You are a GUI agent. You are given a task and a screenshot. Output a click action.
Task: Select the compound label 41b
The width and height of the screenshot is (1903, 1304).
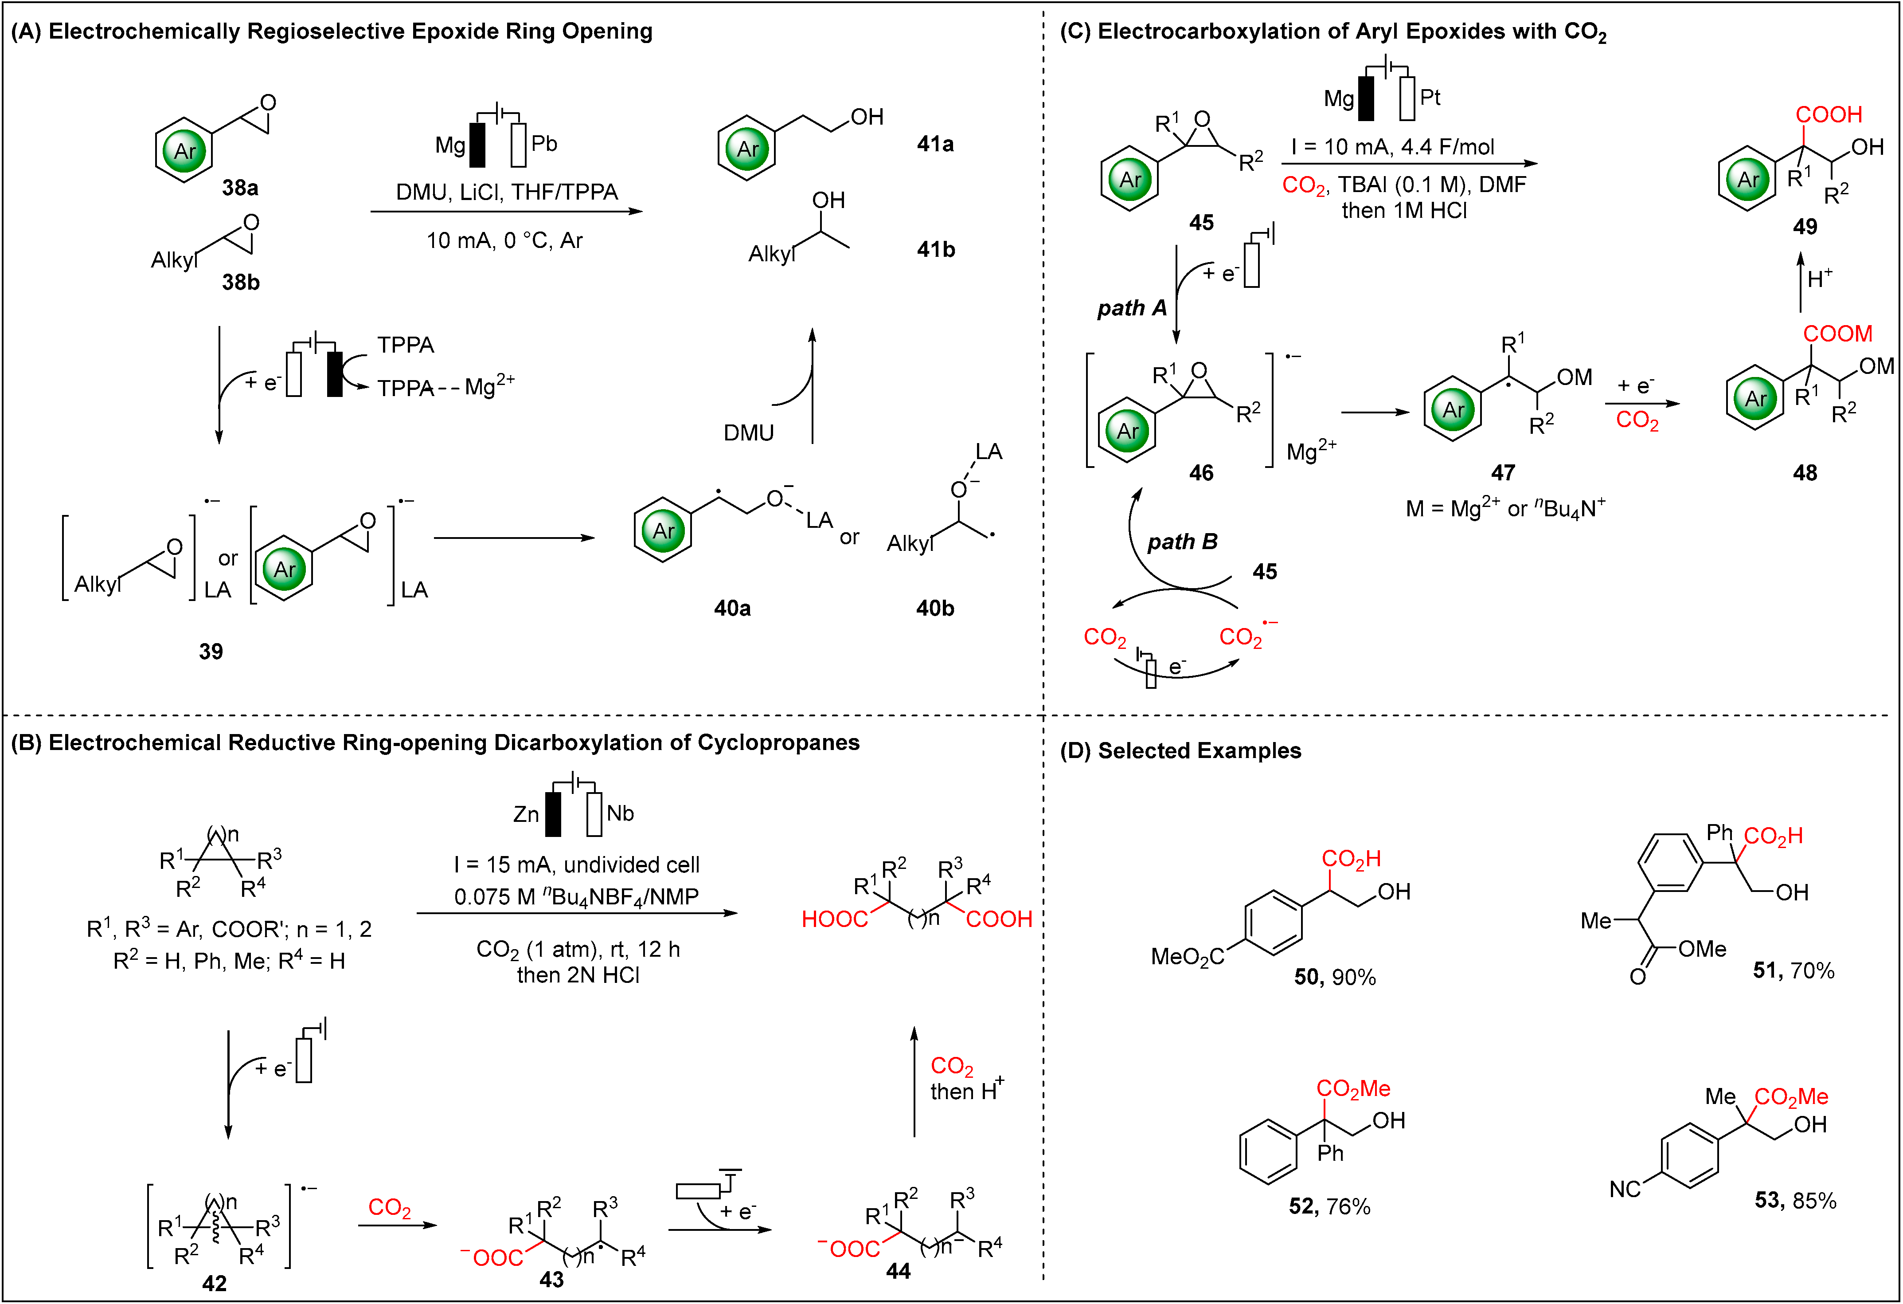pyautogui.click(x=935, y=250)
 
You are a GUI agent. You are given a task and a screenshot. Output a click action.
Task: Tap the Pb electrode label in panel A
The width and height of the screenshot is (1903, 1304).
pyautogui.click(x=544, y=144)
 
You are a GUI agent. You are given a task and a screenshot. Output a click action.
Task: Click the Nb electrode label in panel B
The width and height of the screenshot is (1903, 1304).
pyautogui.click(x=620, y=813)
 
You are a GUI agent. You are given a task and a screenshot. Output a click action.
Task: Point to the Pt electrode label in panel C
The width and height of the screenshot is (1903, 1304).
pyautogui.click(x=1430, y=98)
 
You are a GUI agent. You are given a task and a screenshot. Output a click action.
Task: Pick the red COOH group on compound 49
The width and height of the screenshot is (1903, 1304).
pyautogui.click(x=1829, y=115)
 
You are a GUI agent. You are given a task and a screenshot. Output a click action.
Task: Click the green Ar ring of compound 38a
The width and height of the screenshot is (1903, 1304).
pyautogui.click(x=185, y=151)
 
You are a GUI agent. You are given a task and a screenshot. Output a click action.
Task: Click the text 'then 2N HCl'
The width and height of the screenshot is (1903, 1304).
pyautogui.click(x=578, y=975)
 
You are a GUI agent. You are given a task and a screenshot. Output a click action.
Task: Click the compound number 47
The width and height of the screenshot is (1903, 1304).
pyautogui.click(x=1503, y=473)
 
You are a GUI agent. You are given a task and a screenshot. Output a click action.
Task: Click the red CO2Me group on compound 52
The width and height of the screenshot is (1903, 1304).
pyautogui.click(x=1353, y=1088)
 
